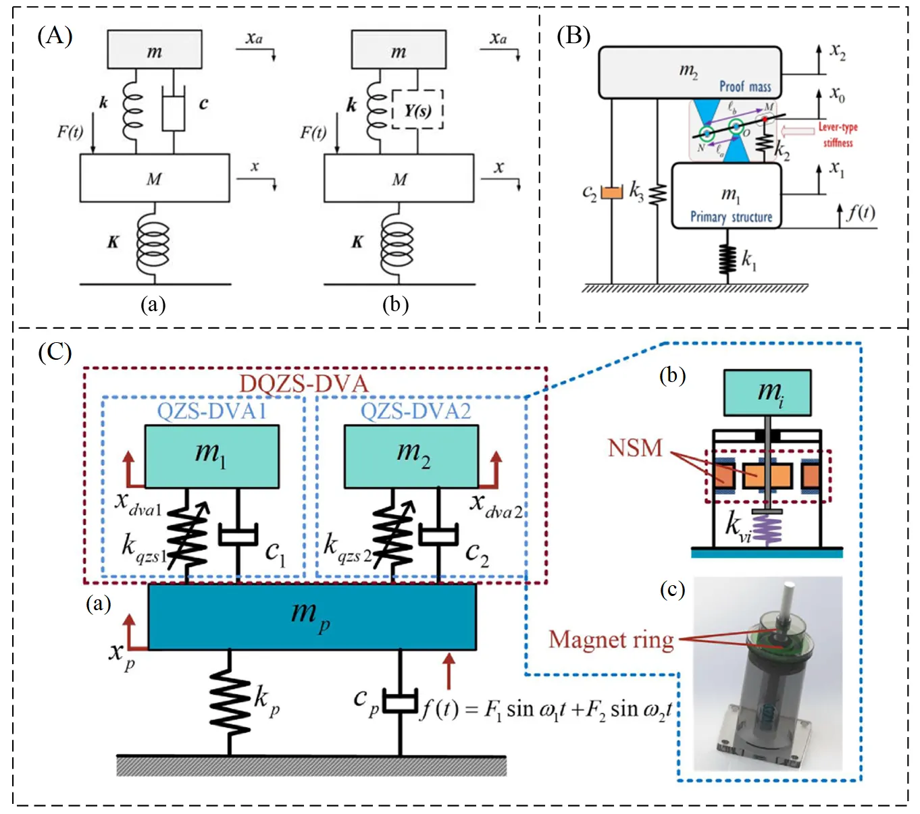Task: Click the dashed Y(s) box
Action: click(417, 109)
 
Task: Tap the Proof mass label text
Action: click(745, 86)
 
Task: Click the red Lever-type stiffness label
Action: click(838, 134)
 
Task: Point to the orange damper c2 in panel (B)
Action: click(611, 192)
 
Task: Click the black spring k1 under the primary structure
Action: click(727, 257)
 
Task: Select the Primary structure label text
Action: click(731, 217)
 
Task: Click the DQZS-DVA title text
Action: click(304, 383)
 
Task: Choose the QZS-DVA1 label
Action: click(211, 410)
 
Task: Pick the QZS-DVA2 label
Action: click(415, 410)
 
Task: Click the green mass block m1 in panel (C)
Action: click(212, 456)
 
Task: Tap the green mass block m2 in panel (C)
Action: click(411, 456)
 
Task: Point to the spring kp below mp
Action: click(230, 702)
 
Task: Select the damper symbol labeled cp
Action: click(401, 702)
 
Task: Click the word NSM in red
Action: click(635, 447)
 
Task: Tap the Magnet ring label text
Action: click(611, 639)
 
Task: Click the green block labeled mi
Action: click(767, 392)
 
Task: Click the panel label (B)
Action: click(573, 35)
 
